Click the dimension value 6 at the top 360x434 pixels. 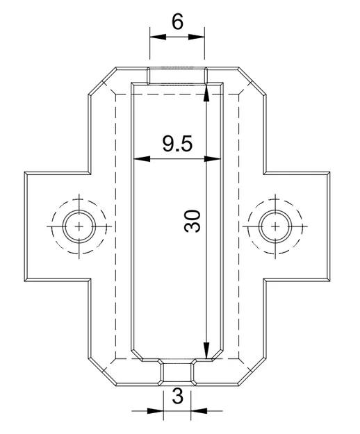(177, 22)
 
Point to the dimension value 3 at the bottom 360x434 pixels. (177, 397)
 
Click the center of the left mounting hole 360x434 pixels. (79, 226)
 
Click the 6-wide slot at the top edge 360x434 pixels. (177, 75)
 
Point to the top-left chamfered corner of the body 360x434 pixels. (103, 81)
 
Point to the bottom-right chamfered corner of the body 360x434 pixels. (251, 372)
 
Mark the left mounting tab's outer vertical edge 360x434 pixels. (26, 226)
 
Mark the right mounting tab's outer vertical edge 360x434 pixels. (330, 226)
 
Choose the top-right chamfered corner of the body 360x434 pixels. (252, 81)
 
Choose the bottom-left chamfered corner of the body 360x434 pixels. (103, 372)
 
